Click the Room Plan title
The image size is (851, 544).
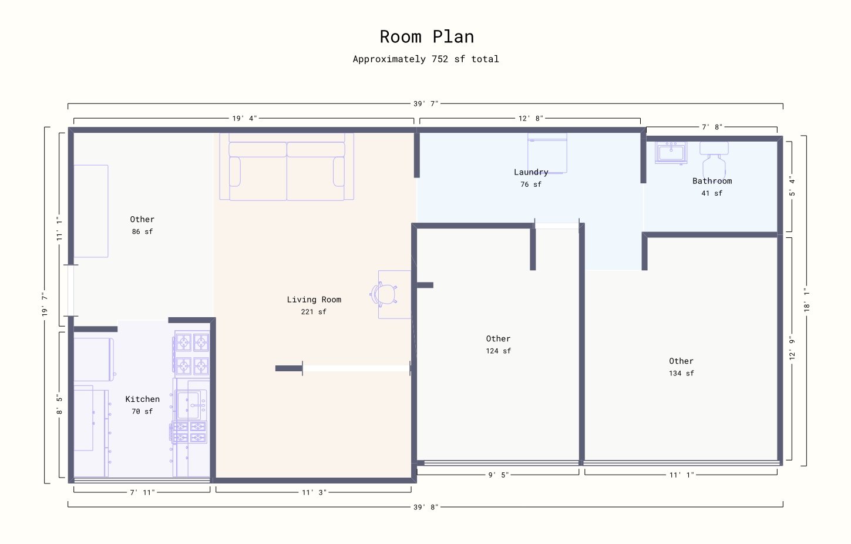click(426, 37)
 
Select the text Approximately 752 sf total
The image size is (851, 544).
click(426, 59)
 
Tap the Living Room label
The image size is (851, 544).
click(314, 300)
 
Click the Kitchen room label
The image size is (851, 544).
click(142, 399)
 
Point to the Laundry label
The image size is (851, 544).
click(531, 172)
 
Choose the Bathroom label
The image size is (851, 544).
click(712, 181)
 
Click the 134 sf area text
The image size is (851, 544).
click(681, 374)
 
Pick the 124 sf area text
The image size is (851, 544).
click(498, 351)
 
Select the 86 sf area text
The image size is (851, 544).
click(142, 232)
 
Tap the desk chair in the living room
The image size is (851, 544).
click(385, 294)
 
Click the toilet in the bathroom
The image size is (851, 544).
click(714, 159)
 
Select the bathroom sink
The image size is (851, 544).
click(671, 153)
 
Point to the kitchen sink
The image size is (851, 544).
click(190, 405)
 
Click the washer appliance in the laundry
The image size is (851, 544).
click(547, 153)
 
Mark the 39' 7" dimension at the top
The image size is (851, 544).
click(425, 104)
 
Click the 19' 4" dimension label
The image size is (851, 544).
click(244, 119)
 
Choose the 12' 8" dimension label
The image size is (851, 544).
click(530, 119)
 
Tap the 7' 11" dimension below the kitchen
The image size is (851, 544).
click(142, 493)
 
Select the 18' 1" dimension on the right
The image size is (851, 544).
click(806, 300)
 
